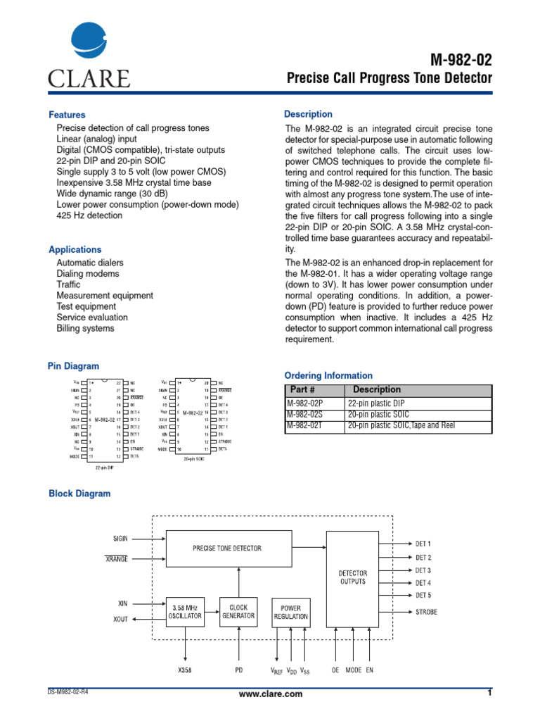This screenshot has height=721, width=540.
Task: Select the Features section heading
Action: pos(67,115)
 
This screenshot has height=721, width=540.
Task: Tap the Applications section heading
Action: pos(75,250)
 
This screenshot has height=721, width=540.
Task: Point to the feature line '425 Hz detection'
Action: pos(89,215)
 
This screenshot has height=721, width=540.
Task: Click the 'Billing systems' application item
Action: pos(85,329)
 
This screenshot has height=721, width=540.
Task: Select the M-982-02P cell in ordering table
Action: pos(304,403)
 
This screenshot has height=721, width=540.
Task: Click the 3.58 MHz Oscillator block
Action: pos(185,610)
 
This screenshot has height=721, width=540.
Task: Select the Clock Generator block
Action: pos(239,610)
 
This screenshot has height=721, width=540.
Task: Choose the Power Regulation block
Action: pos(290,611)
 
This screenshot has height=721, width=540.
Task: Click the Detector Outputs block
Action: pos(352,577)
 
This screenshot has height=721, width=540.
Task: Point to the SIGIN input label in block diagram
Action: pos(122,539)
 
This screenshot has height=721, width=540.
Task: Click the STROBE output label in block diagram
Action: pos(426,612)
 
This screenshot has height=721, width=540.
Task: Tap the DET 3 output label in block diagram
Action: pos(423,570)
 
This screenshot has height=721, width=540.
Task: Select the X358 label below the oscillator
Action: pos(185,670)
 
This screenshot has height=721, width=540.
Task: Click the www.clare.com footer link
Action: pos(271,694)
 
